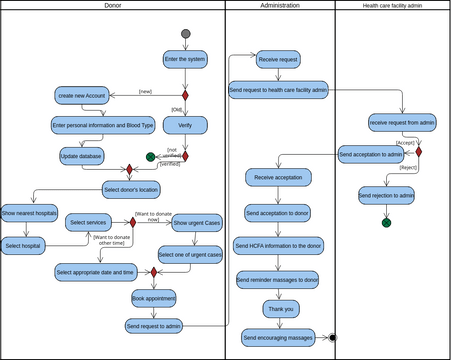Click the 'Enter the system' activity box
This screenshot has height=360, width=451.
pos(185,59)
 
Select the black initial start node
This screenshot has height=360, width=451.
pos(185,34)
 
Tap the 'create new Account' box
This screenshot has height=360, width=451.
pos(82,95)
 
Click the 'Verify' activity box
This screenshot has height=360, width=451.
pos(185,126)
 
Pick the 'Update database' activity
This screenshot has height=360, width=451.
pos(82,157)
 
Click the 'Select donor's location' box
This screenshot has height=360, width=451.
pos(131,188)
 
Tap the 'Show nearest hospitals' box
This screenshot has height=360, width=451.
pos(28,213)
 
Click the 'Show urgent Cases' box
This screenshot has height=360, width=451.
pos(197,223)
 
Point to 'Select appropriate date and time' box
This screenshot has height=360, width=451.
pos(95,272)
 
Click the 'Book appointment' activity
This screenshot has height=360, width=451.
pos(154,298)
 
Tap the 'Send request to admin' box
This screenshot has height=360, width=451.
pos(154,326)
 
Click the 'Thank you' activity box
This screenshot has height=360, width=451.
pos(280,309)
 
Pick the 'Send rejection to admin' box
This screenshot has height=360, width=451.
pos(386,195)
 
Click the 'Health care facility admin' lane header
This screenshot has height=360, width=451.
pos(392,6)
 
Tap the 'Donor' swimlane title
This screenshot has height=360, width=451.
pos(113,6)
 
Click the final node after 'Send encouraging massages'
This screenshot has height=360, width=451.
pos(333,338)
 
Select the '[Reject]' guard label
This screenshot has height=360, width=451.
pos(407,168)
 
